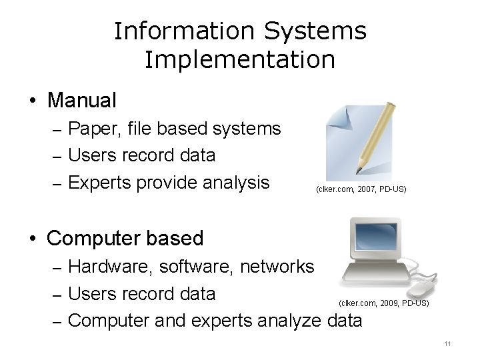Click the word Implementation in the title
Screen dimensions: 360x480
pos(239,60)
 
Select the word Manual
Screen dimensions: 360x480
pos(82,101)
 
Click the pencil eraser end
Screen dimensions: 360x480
pos(392,105)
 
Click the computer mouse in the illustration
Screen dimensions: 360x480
pos(421,287)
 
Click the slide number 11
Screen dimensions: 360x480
pos(447,343)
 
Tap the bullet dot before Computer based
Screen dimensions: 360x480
pos(33,238)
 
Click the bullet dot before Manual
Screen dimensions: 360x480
pos(33,101)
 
